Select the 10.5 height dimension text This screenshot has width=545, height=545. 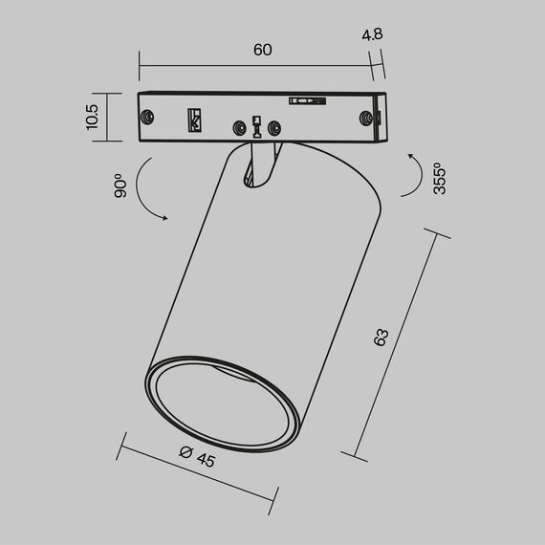[92, 118]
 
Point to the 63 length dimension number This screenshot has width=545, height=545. [381, 337]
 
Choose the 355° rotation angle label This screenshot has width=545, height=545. [439, 179]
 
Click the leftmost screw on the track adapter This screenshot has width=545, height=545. [147, 116]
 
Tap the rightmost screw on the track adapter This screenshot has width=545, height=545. [365, 117]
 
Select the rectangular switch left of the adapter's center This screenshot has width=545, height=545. [195, 120]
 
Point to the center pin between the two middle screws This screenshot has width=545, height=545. [256, 125]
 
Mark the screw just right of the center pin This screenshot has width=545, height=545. [275, 126]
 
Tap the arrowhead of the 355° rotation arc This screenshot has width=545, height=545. [412, 155]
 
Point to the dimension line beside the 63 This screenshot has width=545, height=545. [397, 344]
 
